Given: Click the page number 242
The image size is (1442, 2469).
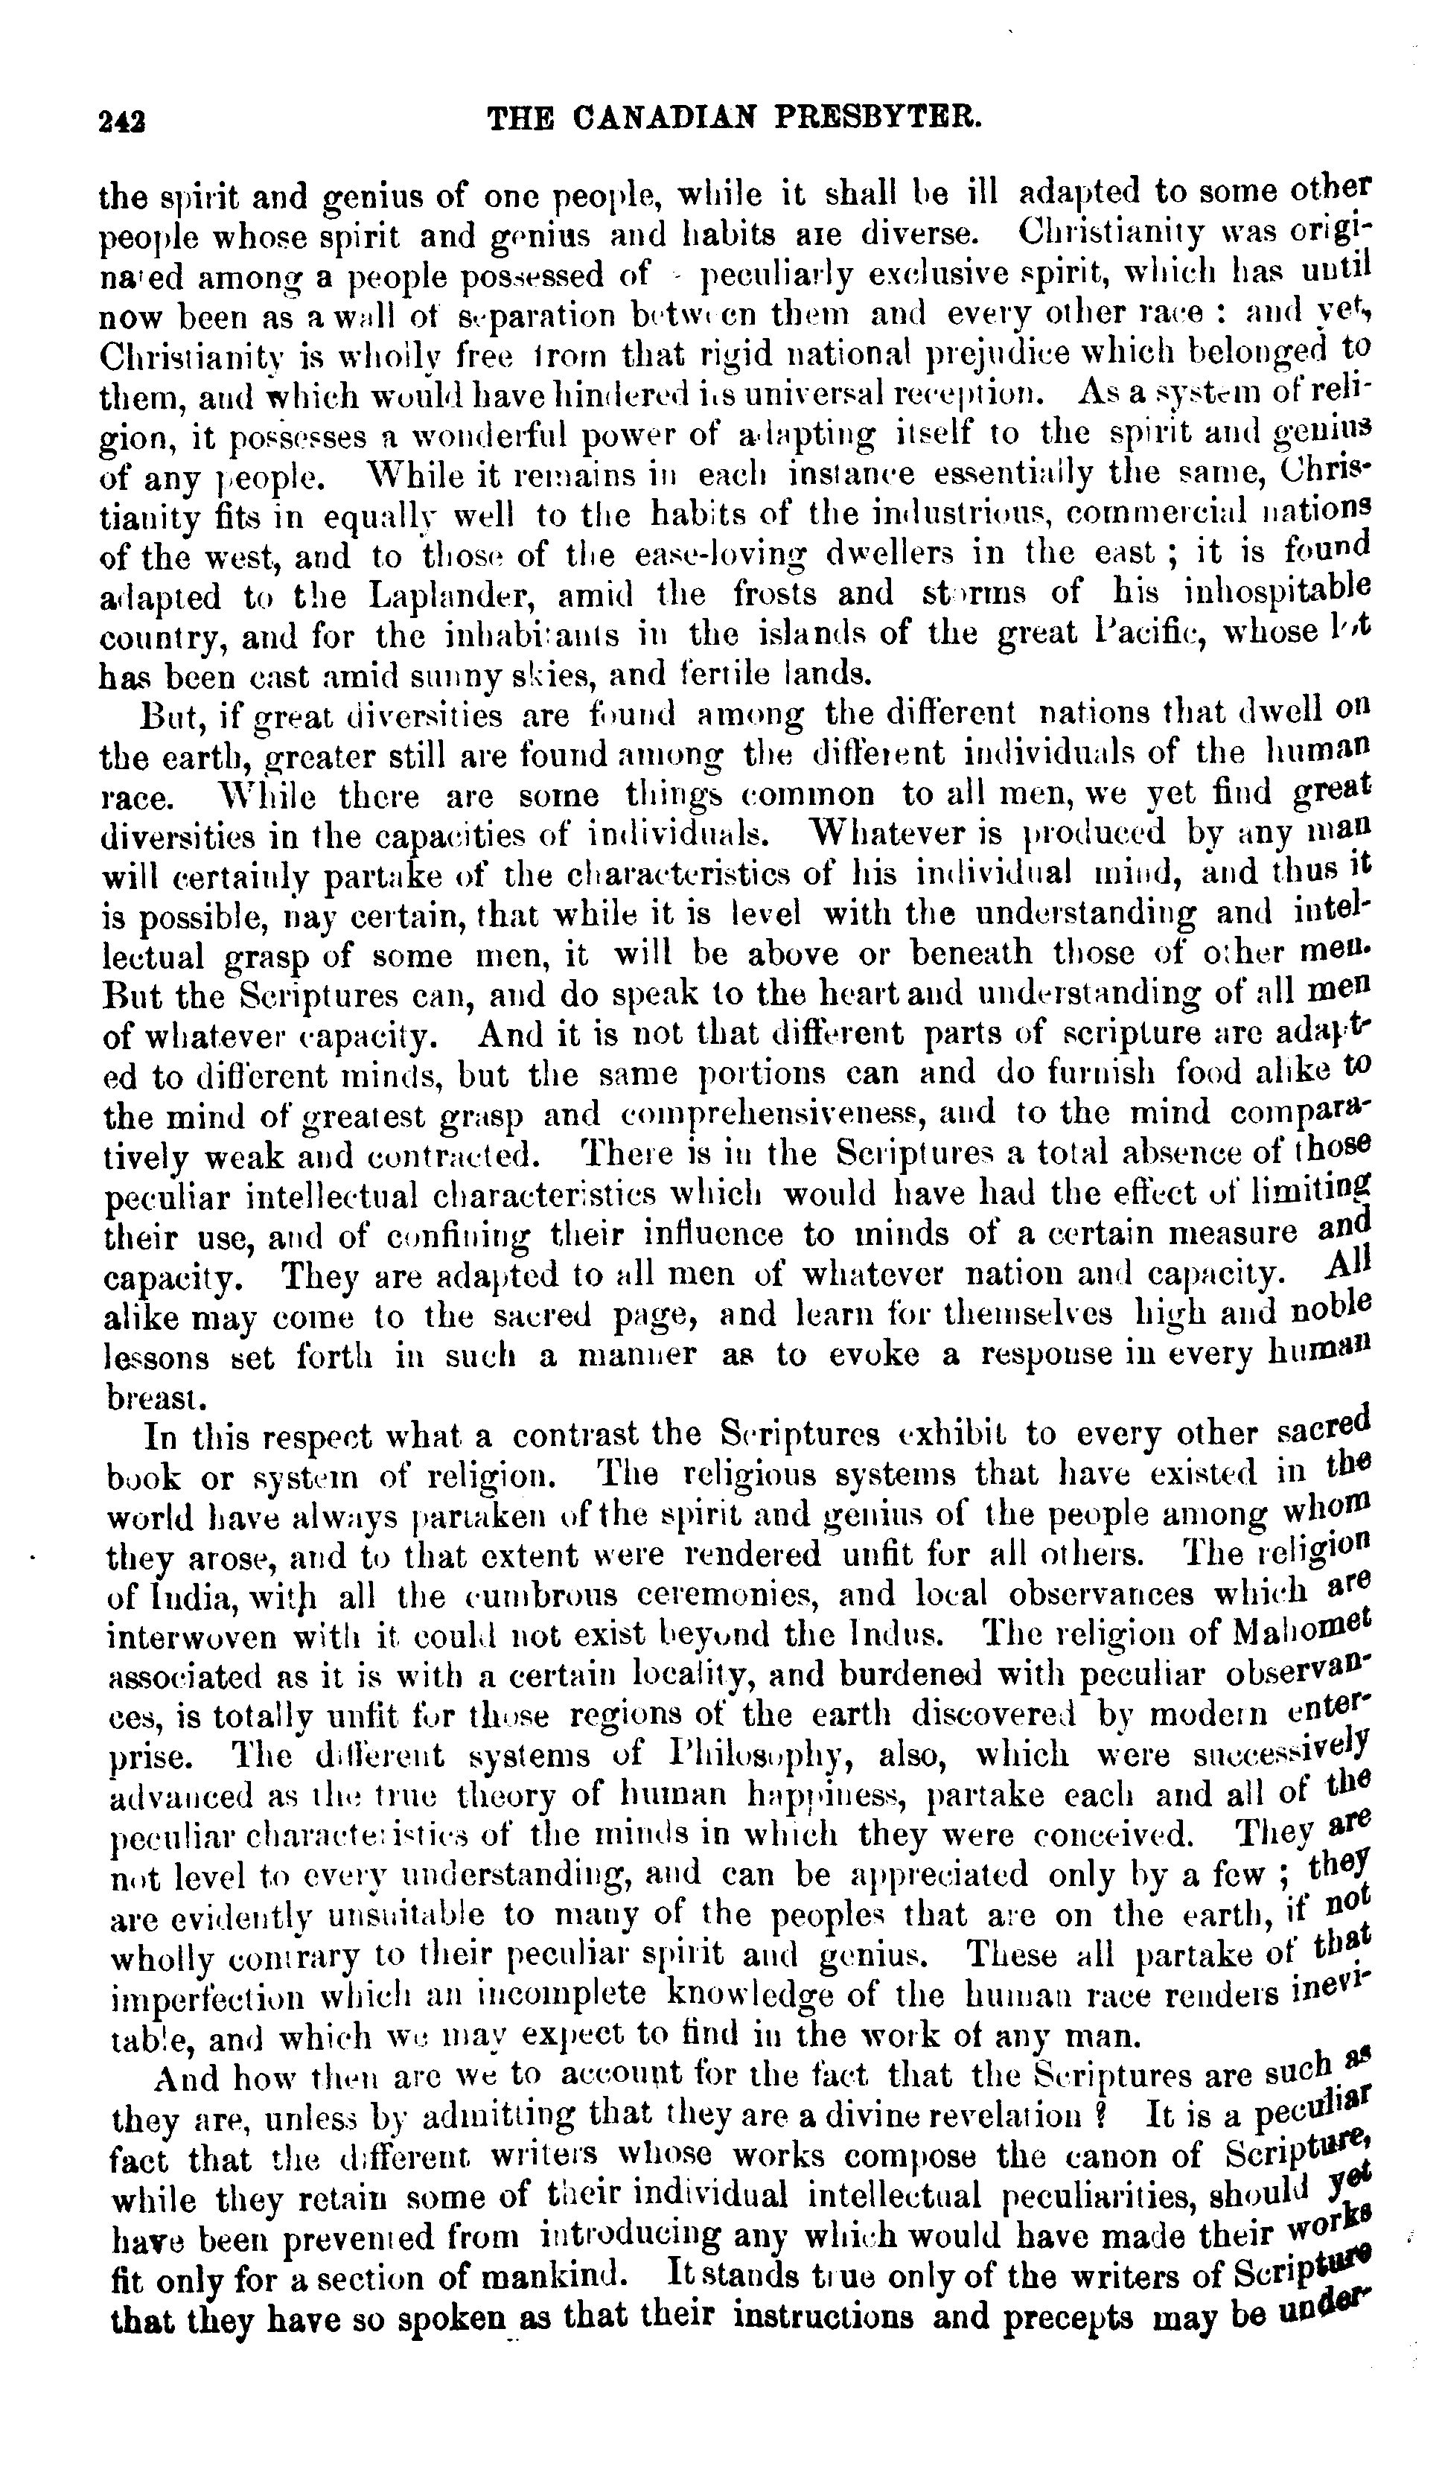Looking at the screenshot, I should coord(122,121).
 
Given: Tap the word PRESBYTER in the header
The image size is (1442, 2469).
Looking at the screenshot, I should coord(878,120).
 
